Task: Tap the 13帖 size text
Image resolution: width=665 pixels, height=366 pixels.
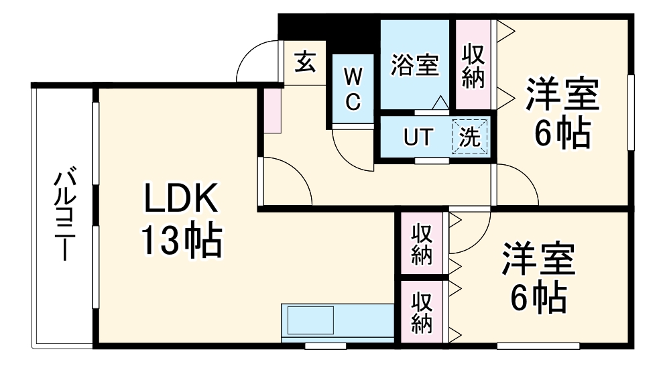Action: (180, 241)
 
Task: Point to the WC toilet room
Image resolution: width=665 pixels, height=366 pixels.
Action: (353, 89)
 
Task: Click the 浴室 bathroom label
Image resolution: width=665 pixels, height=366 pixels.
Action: (414, 65)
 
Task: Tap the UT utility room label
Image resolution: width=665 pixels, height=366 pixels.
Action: (416, 137)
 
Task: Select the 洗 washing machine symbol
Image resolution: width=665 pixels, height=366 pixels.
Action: (470, 137)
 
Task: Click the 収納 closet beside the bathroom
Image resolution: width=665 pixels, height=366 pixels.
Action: (473, 65)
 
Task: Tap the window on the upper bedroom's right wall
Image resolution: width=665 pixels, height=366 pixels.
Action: (630, 112)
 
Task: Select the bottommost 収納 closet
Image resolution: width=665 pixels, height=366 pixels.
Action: (422, 312)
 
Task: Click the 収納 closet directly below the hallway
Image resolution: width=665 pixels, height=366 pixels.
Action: (422, 244)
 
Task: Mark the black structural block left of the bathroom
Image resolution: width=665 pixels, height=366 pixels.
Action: (329, 30)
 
